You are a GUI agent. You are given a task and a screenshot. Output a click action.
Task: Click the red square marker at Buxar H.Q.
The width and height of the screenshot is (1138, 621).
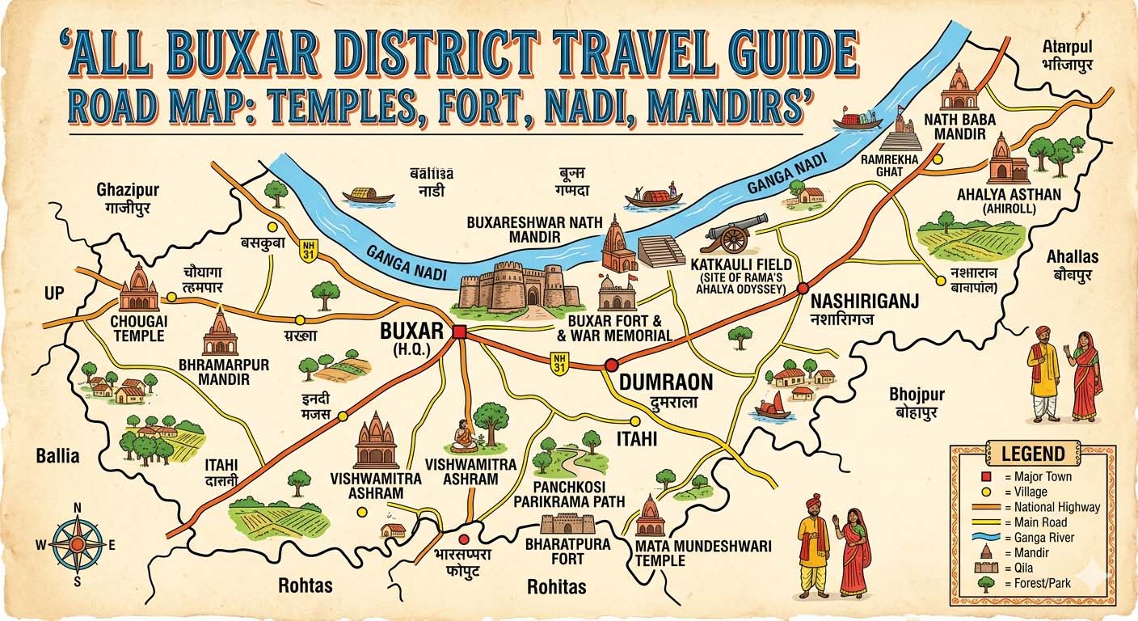460,332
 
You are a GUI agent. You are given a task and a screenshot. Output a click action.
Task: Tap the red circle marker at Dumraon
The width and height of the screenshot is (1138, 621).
611,364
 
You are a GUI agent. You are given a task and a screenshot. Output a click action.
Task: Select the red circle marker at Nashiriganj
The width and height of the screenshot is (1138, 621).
803,289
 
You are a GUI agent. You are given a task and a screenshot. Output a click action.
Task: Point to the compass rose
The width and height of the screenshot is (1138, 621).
78,544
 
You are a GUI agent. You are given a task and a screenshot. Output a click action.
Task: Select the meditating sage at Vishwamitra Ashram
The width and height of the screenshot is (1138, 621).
464,436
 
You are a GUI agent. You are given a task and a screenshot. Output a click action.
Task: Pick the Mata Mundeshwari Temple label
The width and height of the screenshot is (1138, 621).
702,553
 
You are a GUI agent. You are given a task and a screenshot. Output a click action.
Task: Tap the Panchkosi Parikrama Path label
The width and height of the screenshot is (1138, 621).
569,494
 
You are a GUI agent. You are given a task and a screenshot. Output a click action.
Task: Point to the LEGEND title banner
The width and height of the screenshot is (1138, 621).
1033,453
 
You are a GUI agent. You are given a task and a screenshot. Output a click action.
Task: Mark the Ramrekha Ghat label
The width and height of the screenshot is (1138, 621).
889,166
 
